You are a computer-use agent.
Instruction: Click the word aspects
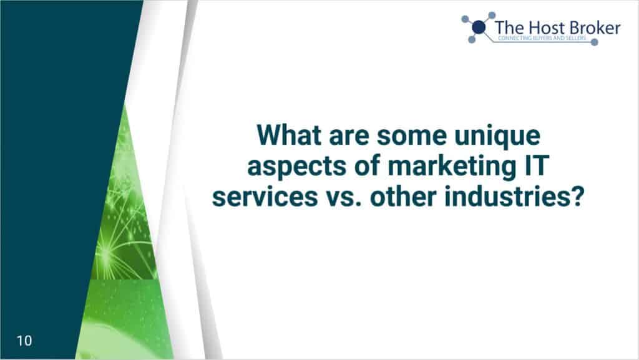click(x=297, y=167)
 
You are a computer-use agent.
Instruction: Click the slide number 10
click(x=24, y=341)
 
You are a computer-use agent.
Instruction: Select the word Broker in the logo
click(x=595, y=27)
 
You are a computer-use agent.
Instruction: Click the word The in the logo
click(x=509, y=27)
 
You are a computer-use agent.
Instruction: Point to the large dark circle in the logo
click(x=479, y=27)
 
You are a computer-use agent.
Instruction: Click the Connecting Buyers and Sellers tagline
click(x=542, y=38)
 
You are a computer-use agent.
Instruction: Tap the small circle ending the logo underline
click(x=595, y=42)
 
